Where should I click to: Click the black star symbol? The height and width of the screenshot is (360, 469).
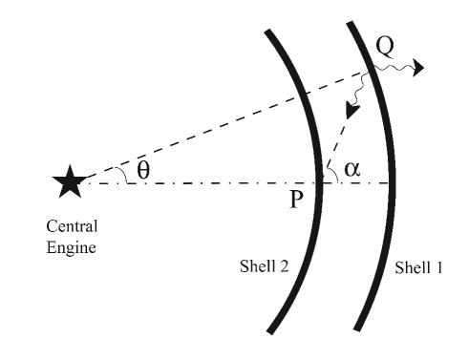tap(69, 180)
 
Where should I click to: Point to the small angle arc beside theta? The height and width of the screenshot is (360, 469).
tap(120, 173)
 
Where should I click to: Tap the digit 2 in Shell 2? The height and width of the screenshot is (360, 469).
tap(288, 267)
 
